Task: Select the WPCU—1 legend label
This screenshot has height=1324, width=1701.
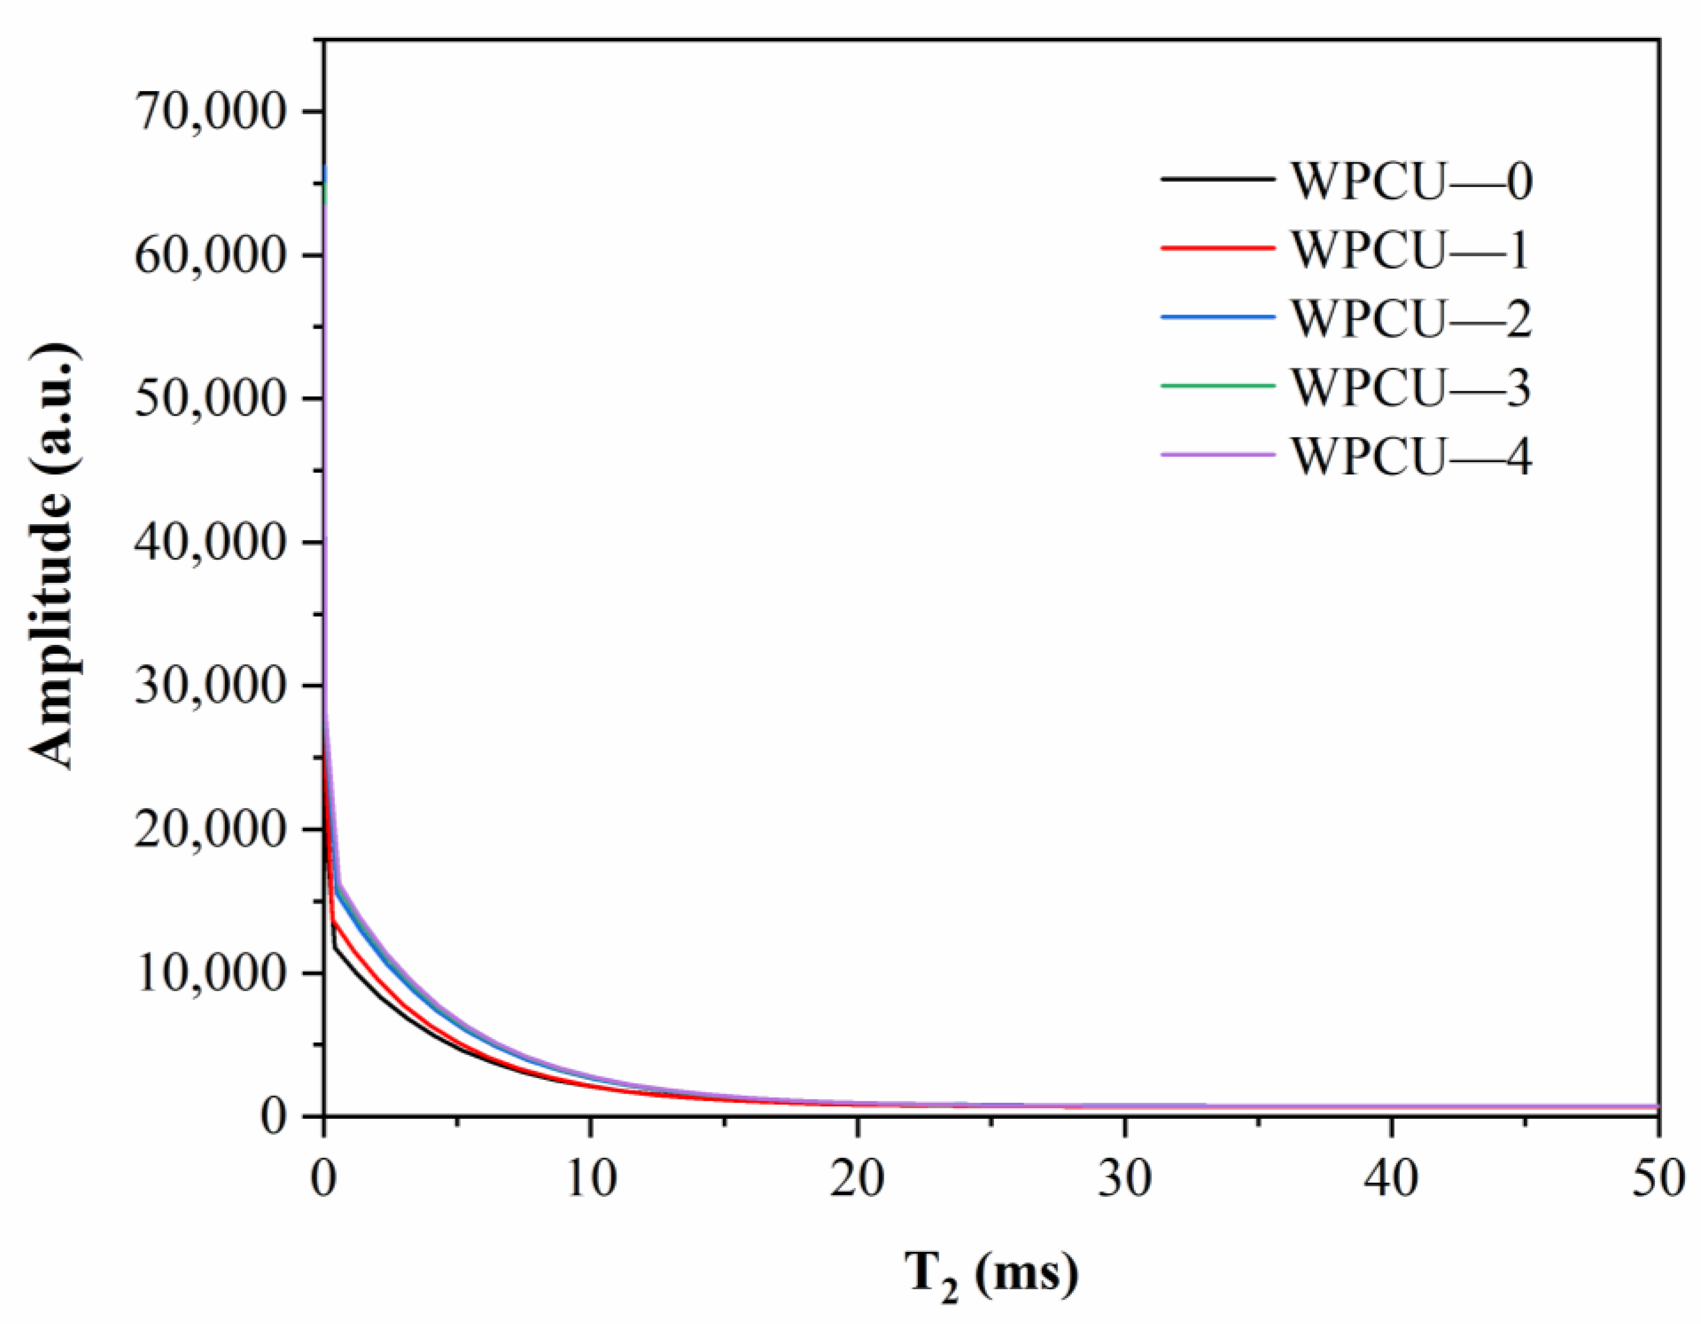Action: click(x=1410, y=249)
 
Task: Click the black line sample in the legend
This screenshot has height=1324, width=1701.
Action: click(x=1217, y=180)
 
